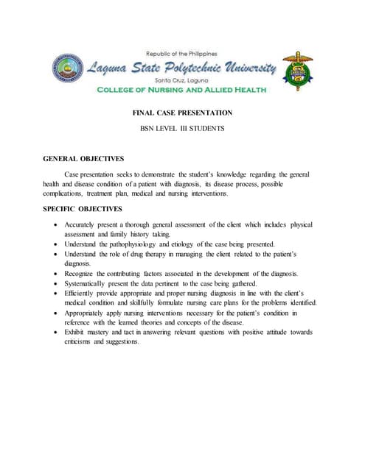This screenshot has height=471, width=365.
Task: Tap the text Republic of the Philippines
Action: tap(181, 54)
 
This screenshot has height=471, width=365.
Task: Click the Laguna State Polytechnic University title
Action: tap(182, 68)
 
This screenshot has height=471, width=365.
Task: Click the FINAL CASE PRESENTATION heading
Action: tap(182, 113)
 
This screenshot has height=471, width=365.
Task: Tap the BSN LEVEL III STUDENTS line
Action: tap(182, 129)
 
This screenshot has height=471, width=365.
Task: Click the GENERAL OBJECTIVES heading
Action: tap(83, 158)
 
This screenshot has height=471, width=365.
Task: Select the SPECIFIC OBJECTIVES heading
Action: tap(83, 209)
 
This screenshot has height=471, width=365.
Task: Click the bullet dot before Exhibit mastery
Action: tap(58, 333)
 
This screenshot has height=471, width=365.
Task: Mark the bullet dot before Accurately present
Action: tap(58, 224)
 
